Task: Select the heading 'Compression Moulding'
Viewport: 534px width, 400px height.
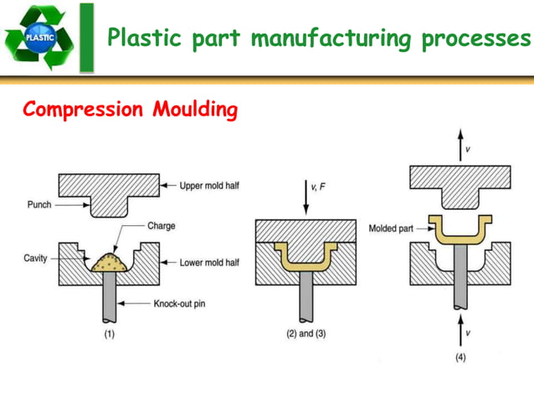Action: [x=131, y=110]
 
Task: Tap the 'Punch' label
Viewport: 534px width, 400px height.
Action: [x=39, y=204]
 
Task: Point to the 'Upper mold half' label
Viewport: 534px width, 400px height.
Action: [x=209, y=185]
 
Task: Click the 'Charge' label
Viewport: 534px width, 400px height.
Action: [x=161, y=226]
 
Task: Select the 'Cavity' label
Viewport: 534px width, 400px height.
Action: [x=35, y=259]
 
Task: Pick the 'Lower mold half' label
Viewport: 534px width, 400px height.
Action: [x=209, y=263]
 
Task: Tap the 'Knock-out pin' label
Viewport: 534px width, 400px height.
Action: [x=179, y=304]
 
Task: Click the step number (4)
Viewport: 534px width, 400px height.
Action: [x=460, y=357]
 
